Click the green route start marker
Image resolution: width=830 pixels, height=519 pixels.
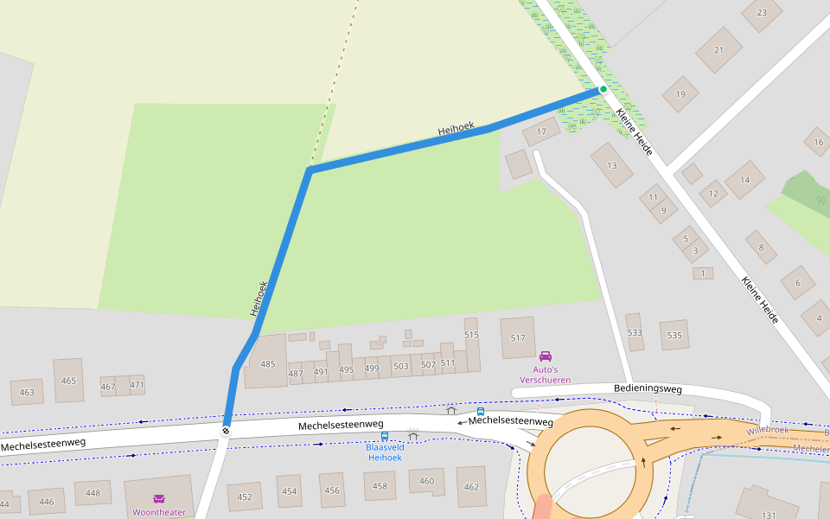(x=603, y=89)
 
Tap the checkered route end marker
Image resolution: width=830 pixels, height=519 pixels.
(x=226, y=430)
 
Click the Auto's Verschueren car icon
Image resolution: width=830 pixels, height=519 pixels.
(x=546, y=356)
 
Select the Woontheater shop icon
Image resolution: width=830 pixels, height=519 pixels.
(x=159, y=499)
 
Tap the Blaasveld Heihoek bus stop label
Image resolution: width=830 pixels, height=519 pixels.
(x=385, y=452)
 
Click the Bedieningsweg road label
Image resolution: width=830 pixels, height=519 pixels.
(x=648, y=389)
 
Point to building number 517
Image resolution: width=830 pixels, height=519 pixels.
(x=518, y=338)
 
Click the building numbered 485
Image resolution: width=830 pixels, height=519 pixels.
(x=268, y=364)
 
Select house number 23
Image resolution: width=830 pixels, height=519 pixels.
(x=762, y=13)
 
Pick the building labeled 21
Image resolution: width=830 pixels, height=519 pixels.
(x=718, y=50)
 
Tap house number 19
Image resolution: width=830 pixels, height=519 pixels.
(x=680, y=94)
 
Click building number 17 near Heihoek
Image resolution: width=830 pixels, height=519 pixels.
(x=541, y=132)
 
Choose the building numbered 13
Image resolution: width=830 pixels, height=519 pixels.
(x=612, y=165)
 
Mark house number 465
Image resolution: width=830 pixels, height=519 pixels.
(x=68, y=381)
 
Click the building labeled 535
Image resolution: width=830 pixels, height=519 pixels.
(x=674, y=336)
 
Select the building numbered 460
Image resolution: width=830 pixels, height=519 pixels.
(x=426, y=481)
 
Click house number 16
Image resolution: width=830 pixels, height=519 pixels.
(x=817, y=142)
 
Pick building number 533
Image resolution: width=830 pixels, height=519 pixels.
(x=635, y=332)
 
